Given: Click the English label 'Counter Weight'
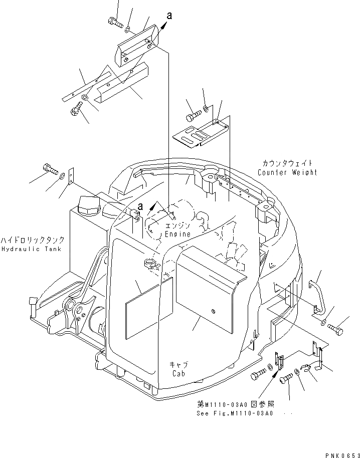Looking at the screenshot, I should click(287, 172).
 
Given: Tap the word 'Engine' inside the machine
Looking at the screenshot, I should click(178, 234).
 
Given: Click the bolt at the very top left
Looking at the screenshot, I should click(115, 21).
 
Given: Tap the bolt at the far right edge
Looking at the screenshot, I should click(337, 329).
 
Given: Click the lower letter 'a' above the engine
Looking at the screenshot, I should click(140, 206).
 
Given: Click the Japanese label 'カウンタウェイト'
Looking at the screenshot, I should click(287, 163).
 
